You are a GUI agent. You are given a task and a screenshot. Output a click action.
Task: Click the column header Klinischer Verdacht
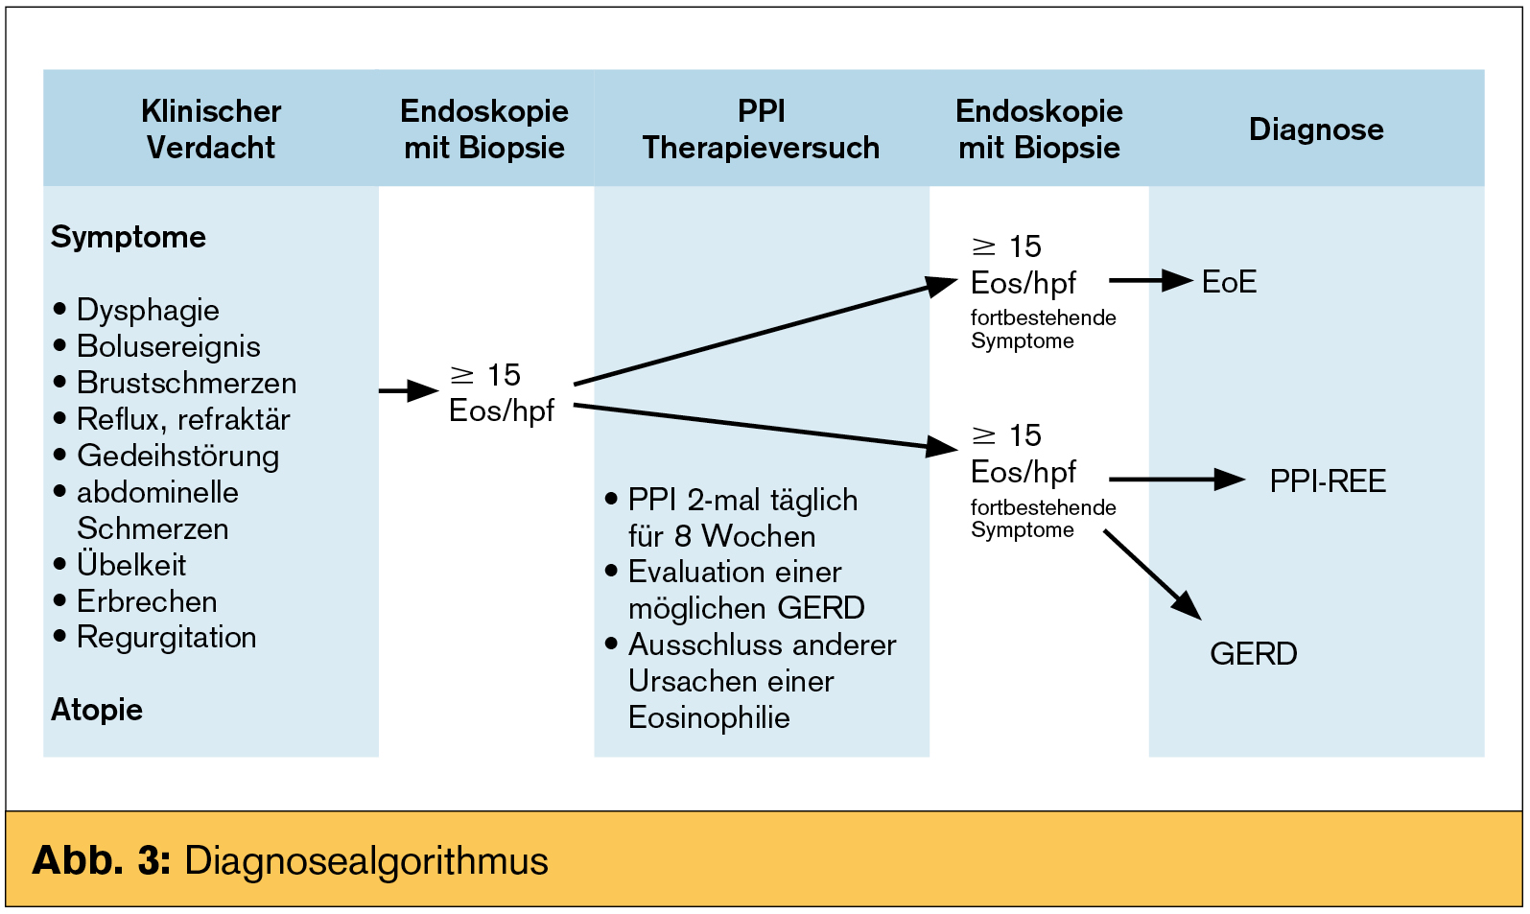click(211, 129)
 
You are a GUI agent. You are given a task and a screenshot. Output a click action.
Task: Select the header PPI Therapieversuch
click(761, 129)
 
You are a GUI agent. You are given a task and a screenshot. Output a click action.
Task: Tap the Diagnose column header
click(1316, 129)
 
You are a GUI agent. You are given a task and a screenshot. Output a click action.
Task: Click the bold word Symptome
click(129, 237)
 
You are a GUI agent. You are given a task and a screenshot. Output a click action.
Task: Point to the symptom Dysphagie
click(148, 310)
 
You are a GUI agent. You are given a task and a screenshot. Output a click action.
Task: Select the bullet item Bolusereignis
click(168, 346)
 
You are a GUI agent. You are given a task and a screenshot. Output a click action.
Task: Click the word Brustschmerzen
click(186, 383)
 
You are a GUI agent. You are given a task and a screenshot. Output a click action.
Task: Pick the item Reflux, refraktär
click(183, 419)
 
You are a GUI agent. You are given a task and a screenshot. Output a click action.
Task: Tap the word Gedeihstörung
click(177, 456)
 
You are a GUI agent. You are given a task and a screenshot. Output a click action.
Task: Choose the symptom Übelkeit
click(131, 565)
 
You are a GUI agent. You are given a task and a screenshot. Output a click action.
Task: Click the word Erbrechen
click(147, 601)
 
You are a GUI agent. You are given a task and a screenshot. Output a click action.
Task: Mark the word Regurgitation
click(166, 637)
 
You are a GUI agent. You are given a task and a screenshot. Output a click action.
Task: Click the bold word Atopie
click(97, 710)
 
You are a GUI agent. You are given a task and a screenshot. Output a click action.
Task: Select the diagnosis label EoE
click(1229, 282)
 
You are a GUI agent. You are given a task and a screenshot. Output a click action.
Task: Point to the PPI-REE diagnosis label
click(1328, 480)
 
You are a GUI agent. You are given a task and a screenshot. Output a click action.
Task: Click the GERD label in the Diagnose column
click(1253, 653)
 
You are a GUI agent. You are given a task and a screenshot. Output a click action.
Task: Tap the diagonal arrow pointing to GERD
click(1151, 574)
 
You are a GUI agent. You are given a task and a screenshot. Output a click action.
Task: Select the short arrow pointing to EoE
click(1150, 281)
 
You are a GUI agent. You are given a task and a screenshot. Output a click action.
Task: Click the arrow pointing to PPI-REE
click(1176, 480)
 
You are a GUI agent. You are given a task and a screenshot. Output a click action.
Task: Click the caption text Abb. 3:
click(101, 860)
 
